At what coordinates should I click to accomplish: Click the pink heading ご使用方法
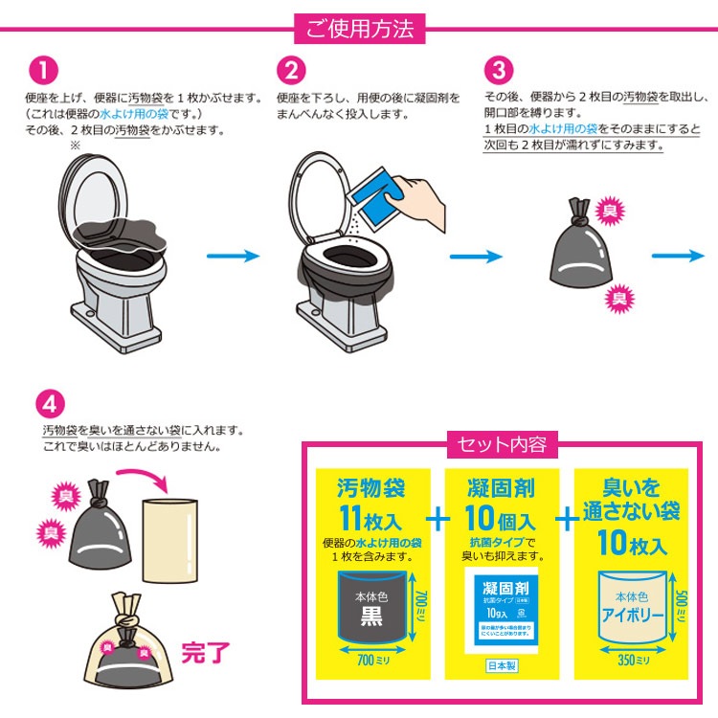click(359, 29)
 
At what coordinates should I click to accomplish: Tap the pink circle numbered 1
click(45, 72)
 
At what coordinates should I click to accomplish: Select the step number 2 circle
click(292, 72)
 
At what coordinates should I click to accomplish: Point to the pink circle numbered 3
click(499, 72)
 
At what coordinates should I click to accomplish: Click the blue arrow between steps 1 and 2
click(233, 256)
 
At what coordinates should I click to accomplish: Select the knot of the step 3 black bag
click(577, 209)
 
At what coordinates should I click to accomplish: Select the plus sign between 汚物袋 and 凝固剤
click(438, 519)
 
